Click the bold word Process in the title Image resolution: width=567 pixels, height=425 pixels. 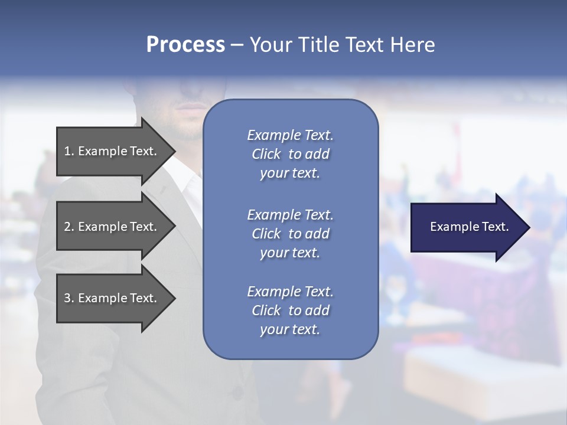185,45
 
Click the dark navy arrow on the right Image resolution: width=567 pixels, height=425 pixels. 467,227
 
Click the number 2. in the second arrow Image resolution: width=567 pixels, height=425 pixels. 69,227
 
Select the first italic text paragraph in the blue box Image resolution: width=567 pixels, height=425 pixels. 290,154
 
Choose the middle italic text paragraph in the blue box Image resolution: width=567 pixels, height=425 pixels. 290,233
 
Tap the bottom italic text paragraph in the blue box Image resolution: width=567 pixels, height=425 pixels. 290,310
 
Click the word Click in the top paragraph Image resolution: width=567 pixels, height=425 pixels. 266,154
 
